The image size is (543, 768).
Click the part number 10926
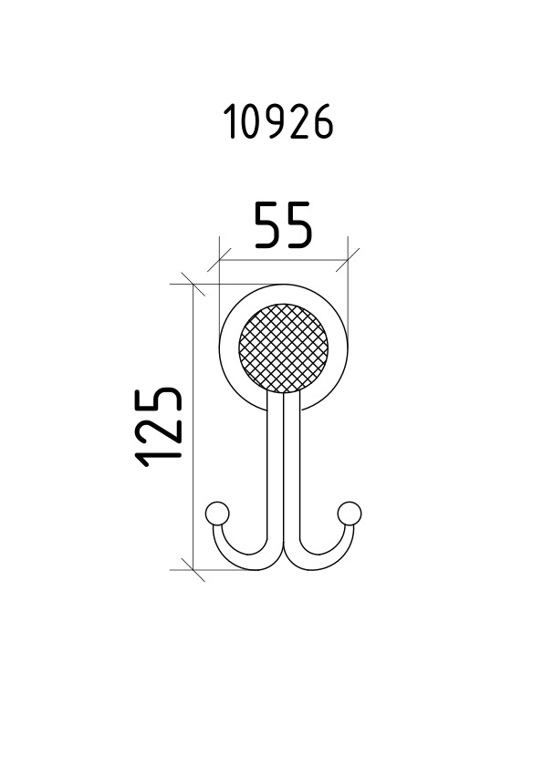pyautogui.click(x=278, y=122)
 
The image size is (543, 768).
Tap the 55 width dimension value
pyautogui.click(x=283, y=224)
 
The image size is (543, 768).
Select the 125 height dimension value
pyautogui.click(x=158, y=427)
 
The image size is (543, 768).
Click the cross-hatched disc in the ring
pyautogui.click(x=283, y=348)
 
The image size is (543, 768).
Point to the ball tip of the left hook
pyautogui.click(x=217, y=514)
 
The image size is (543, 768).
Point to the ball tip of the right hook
pyautogui.click(x=350, y=514)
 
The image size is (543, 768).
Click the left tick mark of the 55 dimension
pyautogui.click(x=219, y=260)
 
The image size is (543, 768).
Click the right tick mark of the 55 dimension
pyautogui.click(x=348, y=260)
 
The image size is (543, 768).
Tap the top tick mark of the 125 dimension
pyautogui.click(x=193, y=284)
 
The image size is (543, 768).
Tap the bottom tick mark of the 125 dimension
pyautogui.click(x=193, y=570)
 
